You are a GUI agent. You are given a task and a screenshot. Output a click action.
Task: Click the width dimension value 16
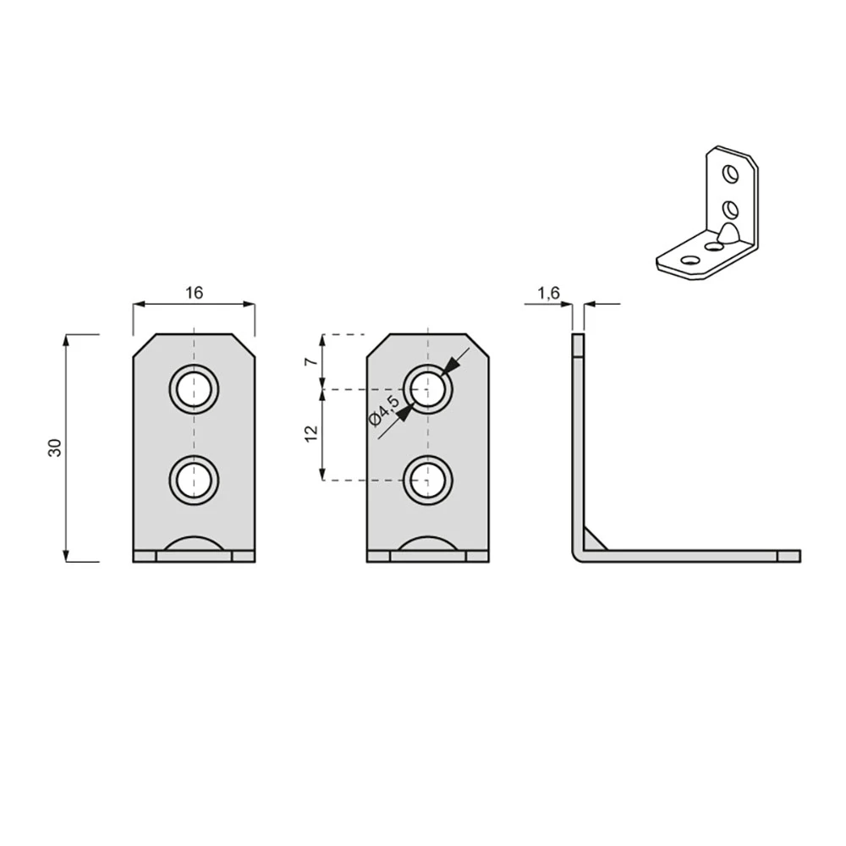pos(195,293)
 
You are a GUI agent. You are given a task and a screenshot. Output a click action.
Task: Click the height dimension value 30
pos(56,448)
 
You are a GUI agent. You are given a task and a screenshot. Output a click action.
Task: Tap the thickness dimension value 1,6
pos(549,293)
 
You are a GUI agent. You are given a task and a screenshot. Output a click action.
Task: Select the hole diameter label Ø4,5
pos(384,409)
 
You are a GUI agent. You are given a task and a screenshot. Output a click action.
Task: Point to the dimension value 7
pos(311,361)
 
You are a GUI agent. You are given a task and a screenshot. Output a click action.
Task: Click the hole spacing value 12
pos(311,434)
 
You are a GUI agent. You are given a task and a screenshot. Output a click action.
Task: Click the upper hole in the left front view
pos(195,389)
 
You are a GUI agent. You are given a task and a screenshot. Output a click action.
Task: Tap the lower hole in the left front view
pos(195,481)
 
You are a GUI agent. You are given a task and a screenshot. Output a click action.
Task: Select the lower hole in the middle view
pos(428,481)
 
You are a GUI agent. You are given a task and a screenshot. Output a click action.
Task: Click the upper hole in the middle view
pos(428,389)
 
